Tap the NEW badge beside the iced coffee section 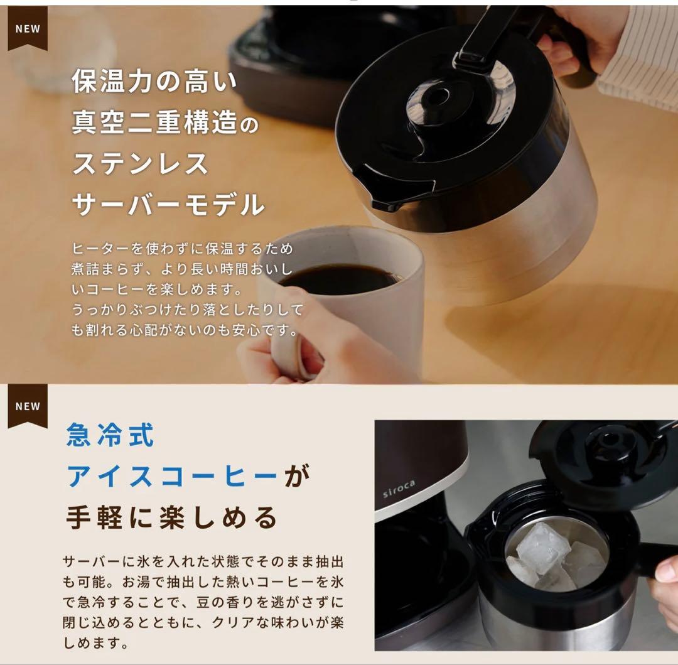pos(27,407)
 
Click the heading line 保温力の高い pos(155,82)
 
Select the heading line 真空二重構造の pos(165,123)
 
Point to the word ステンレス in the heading pos(140,164)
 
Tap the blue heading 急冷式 pos(110,435)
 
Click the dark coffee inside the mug pos(339,278)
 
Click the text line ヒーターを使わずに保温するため pos(182,249)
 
